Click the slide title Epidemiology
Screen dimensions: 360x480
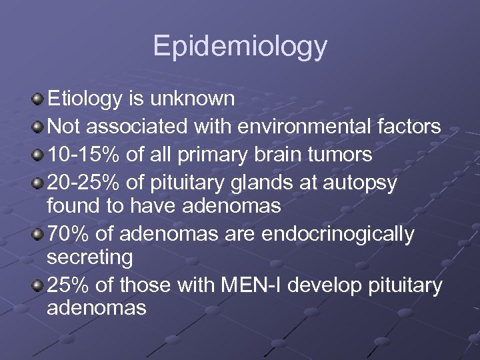coord(240,47)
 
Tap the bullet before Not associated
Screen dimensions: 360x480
coord(37,127)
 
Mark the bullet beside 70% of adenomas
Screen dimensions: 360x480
coord(37,235)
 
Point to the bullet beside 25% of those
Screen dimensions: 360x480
coord(37,286)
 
